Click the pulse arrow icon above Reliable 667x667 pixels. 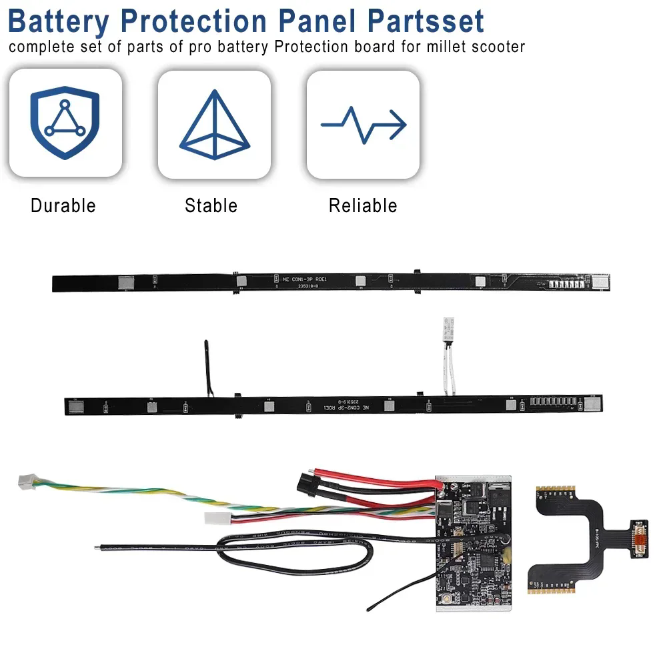tap(363, 123)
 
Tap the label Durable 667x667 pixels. tap(63, 205)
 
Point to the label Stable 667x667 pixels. tap(211, 205)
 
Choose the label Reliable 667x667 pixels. tap(363, 205)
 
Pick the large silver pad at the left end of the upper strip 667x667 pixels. tap(125, 283)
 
